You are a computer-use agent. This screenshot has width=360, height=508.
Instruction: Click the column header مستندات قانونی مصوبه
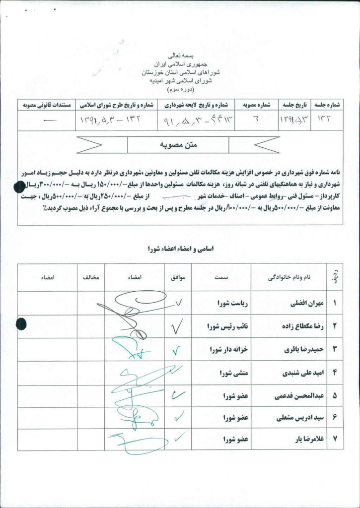point(47,105)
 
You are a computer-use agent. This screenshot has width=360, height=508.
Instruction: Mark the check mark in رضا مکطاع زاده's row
point(177,326)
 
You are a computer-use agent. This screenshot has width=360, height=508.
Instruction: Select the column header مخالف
point(91,278)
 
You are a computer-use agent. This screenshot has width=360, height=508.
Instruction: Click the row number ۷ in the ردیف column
point(335,439)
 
